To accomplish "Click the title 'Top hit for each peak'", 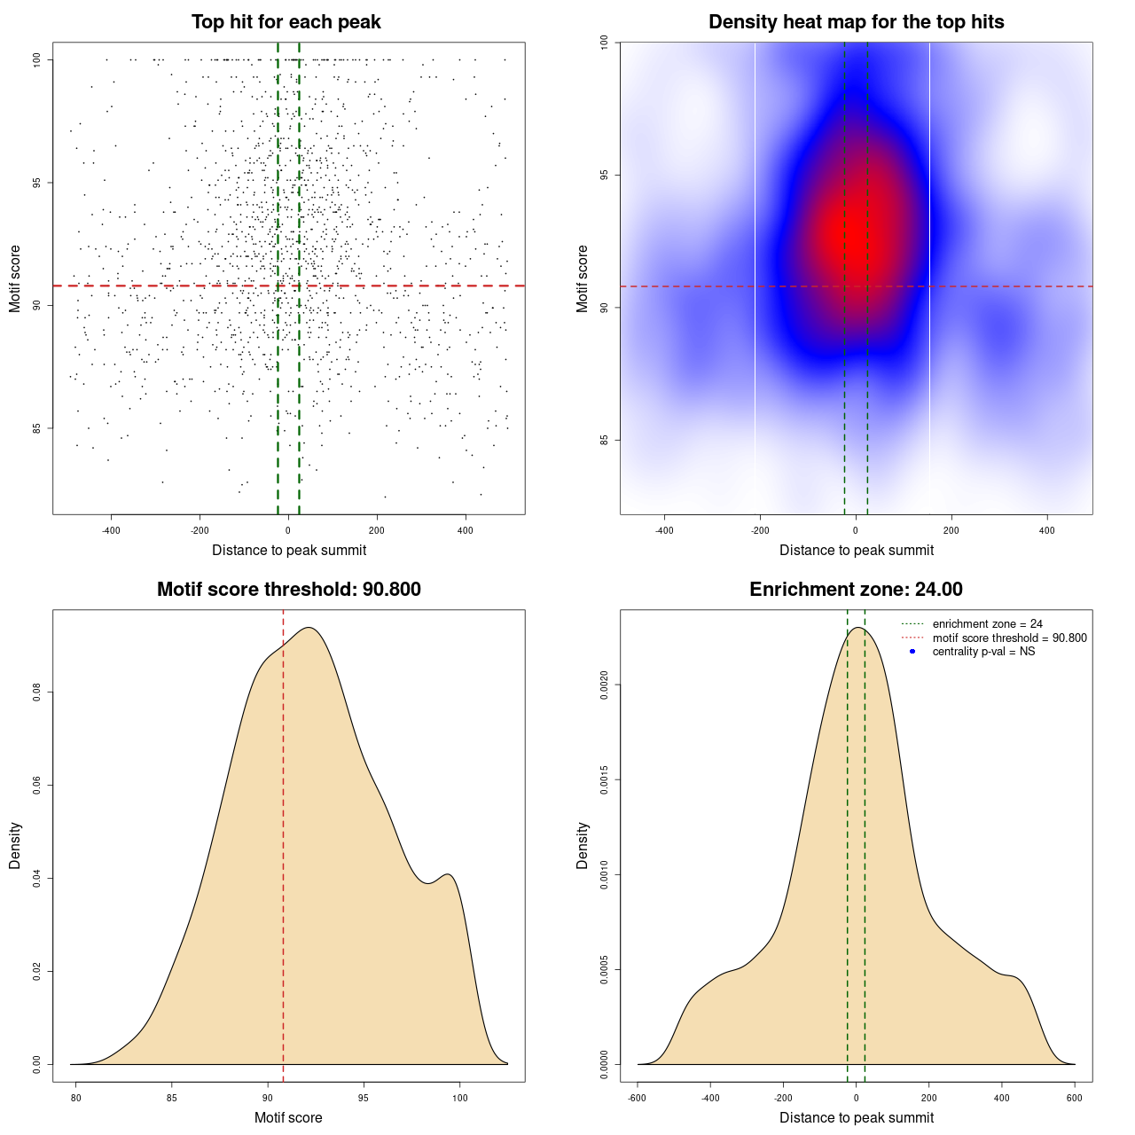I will pyautogui.click(x=286, y=22).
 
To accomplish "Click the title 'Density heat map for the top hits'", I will pyautogui.click(x=856, y=22).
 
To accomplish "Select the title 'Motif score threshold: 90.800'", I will pyautogui.click(x=288, y=590).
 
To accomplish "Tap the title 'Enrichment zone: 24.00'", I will pyautogui.click(x=856, y=590).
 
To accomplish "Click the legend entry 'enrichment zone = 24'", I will pyautogui.click(x=987, y=624).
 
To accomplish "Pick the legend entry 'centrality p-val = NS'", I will pyautogui.click(x=983, y=652).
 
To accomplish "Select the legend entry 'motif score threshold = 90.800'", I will pyautogui.click(x=1009, y=638).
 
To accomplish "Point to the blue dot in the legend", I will pyautogui.click(x=912, y=652).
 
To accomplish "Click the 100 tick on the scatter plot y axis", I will pyautogui.click(x=37, y=59).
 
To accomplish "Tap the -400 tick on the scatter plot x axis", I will pyautogui.click(x=111, y=530).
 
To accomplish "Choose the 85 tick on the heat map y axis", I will pyautogui.click(x=604, y=441).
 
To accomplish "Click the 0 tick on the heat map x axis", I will pyautogui.click(x=856, y=530).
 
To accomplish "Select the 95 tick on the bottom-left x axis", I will pyautogui.click(x=364, y=1098).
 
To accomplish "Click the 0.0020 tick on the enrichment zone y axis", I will pyautogui.click(x=604, y=685).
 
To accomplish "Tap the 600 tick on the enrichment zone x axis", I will pyautogui.click(x=1075, y=1098).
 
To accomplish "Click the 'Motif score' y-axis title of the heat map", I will pyautogui.click(x=583, y=278).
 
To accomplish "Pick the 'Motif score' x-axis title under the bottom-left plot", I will pyautogui.click(x=288, y=1118).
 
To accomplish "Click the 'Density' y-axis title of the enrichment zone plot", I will pyautogui.click(x=583, y=845).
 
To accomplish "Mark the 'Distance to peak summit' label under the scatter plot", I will pyautogui.click(x=289, y=551).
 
